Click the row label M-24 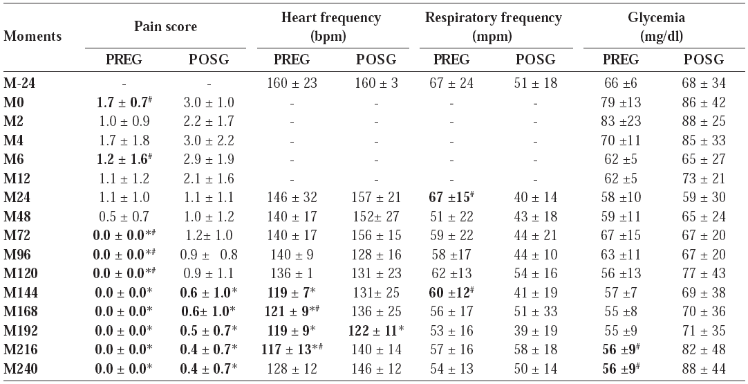click(x=19, y=84)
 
